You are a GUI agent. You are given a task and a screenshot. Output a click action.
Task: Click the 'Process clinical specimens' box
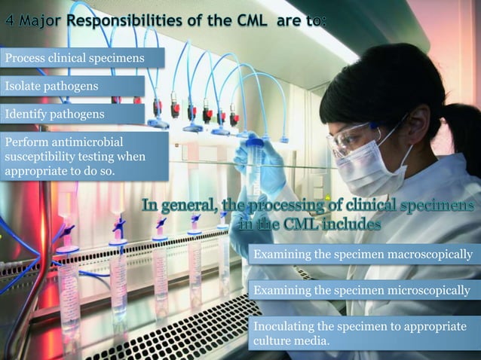(x=72, y=57)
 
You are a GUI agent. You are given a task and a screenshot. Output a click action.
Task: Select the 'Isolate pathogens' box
(x=72, y=86)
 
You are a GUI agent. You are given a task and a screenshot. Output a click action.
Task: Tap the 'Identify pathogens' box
(x=72, y=114)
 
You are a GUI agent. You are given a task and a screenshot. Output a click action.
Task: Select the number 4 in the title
(x=10, y=20)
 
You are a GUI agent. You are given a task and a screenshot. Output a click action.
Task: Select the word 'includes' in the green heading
(x=344, y=224)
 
